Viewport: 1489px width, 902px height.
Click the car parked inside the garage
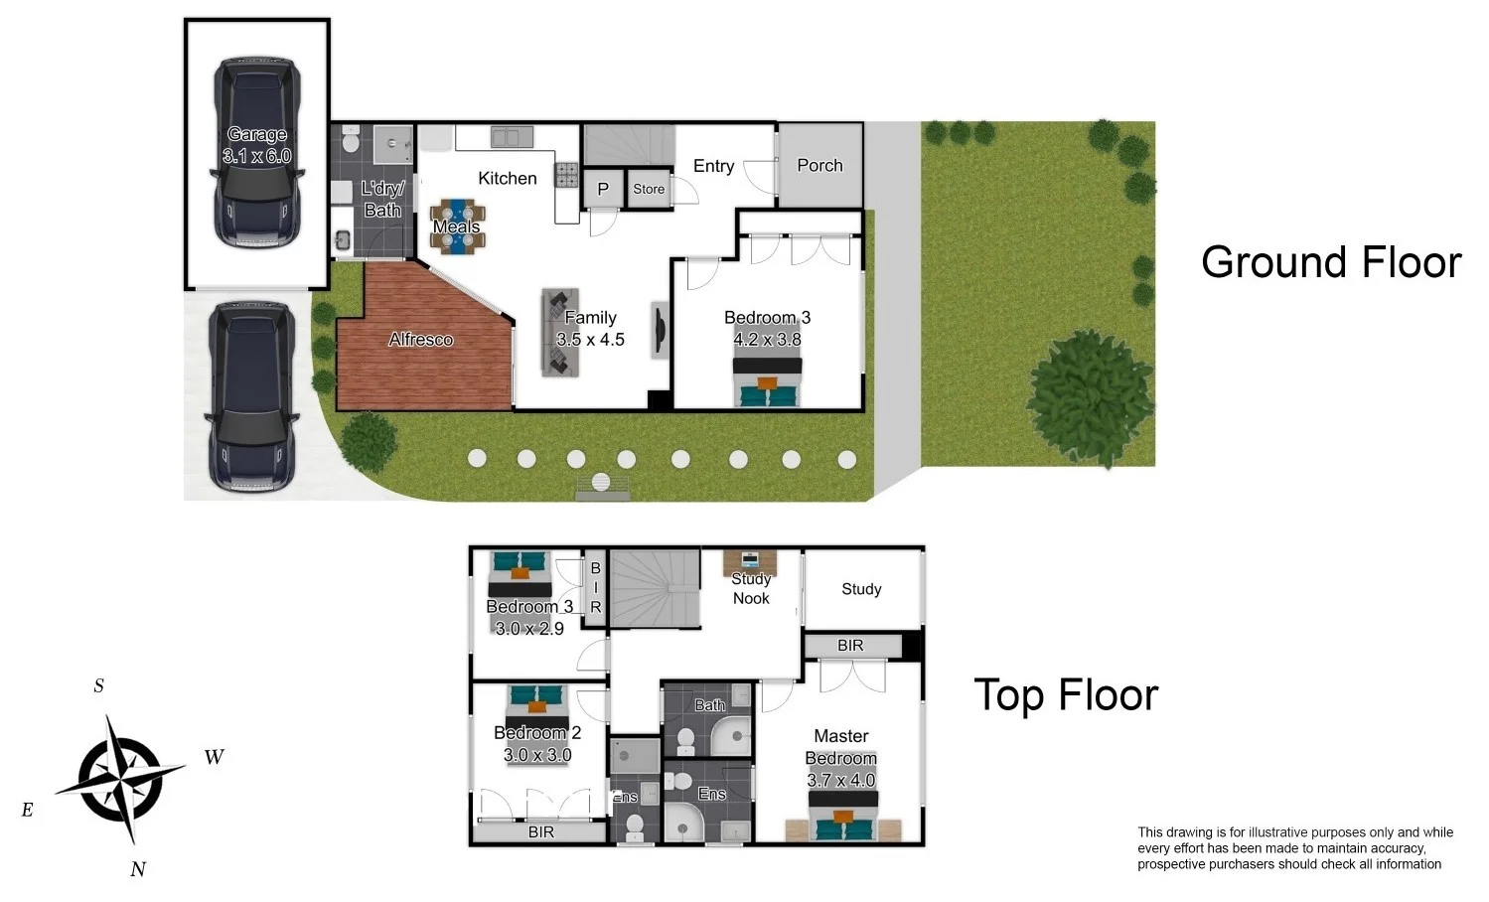point(256,154)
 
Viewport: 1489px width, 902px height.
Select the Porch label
point(819,166)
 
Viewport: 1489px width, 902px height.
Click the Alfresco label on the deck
point(420,340)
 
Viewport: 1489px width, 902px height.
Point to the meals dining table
point(457,226)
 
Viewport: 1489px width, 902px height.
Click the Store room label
point(649,189)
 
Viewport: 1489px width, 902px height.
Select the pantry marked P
point(602,190)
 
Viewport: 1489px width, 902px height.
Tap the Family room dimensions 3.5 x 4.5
point(590,340)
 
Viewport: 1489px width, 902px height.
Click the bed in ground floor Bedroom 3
point(767,381)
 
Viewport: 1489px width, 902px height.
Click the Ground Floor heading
point(1330,262)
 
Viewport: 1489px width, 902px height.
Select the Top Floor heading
point(1065,694)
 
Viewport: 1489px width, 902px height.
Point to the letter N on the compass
point(138,869)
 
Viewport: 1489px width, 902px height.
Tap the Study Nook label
point(751,588)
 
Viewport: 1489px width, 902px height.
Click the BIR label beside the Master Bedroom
point(850,646)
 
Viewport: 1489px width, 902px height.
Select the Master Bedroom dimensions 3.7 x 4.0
point(840,781)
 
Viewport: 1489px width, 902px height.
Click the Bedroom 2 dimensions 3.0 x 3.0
point(537,755)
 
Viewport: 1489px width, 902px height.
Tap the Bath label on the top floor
point(709,705)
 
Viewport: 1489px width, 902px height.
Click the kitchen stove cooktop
point(566,176)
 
